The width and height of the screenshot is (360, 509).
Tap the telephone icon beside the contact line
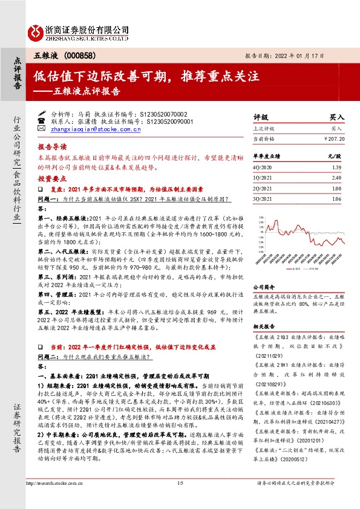coord(41,121)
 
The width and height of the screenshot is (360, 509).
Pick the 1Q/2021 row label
coord(261,178)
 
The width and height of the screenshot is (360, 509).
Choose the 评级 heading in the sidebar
coord(260,117)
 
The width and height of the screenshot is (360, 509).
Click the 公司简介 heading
coord(264,288)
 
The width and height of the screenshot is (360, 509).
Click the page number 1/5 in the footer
coord(180,499)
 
